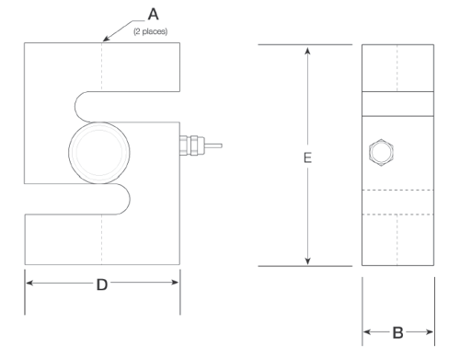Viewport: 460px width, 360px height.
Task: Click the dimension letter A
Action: click(x=153, y=14)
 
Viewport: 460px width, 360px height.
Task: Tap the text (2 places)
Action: click(x=151, y=31)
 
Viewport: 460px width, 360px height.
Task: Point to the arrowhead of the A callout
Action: click(x=106, y=38)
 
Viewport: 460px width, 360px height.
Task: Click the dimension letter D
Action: click(x=102, y=285)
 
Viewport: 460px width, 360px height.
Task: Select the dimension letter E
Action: click(x=307, y=157)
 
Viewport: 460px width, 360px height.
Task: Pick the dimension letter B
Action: click(x=397, y=332)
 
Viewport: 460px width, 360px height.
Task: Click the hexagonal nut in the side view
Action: click(x=381, y=152)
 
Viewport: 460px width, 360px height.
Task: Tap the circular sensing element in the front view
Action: click(x=99, y=153)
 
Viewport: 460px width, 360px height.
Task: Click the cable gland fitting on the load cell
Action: click(x=192, y=145)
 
